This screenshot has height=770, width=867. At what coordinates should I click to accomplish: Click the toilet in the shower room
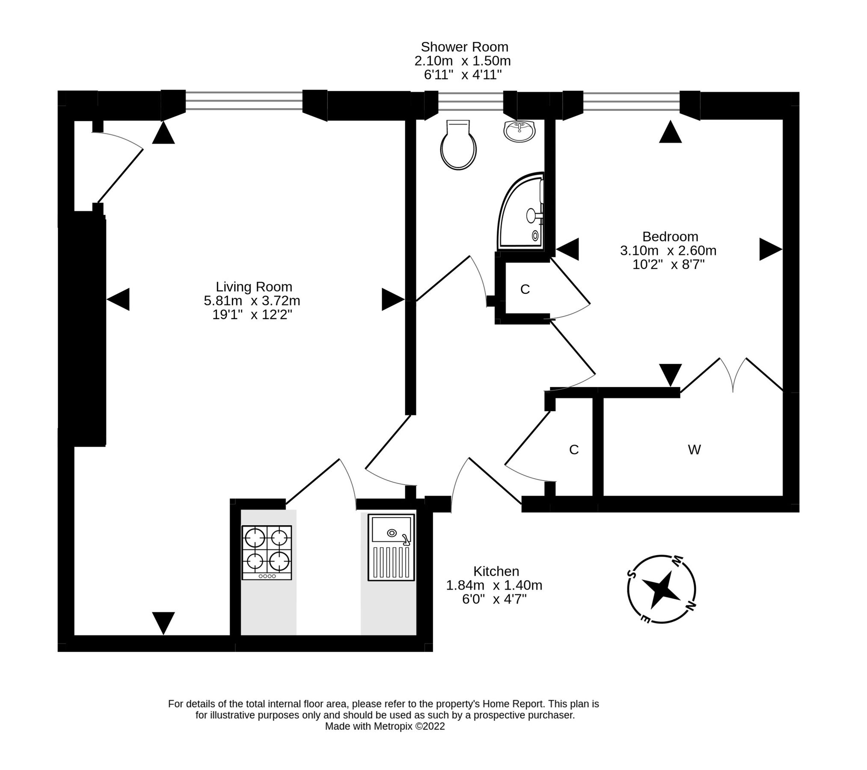(x=458, y=145)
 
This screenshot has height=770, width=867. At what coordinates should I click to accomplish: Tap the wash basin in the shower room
(x=519, y=130)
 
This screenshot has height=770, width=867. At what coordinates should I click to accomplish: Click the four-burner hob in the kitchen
(x=267, y=552)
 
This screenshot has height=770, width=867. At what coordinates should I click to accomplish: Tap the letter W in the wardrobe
(x=694, y=450)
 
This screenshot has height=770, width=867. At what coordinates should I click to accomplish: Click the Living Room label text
(x=253, y=287)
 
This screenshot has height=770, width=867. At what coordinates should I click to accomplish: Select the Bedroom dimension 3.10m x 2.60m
(x=668, y=250)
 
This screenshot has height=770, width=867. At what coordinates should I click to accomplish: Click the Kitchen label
(x=496, y=571)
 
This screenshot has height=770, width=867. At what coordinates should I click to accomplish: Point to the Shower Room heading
(x=464, y=47)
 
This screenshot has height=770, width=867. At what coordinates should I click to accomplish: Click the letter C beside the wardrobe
(x=573, y=450)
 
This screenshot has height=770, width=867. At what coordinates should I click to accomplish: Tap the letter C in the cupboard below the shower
(x=525, y=290)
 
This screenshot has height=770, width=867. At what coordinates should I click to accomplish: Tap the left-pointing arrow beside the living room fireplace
(x=118, y=299)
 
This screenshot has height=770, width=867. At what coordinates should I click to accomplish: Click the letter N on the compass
(x=690, y=606)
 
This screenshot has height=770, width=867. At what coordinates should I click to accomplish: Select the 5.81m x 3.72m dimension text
(x=252, y=301)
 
